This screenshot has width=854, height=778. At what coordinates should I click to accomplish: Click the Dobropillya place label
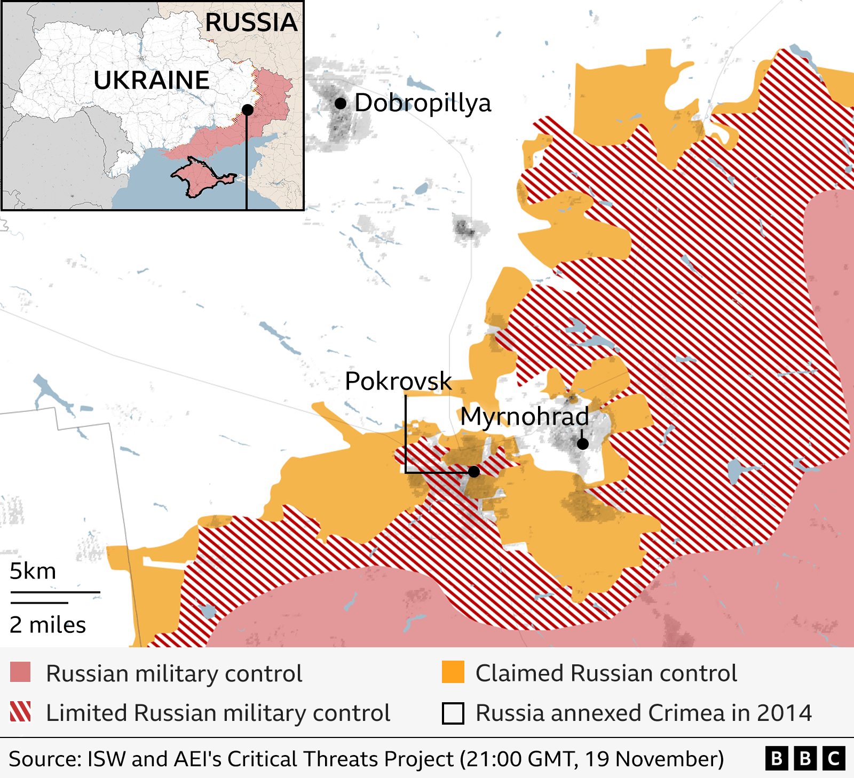click(x=422, y=103)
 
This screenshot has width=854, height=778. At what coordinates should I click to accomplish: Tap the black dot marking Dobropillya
click(x=341, y=104)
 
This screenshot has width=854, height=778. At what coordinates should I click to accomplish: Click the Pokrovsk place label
click(x=398, y=381)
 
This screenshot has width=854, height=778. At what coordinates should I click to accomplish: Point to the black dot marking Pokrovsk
click(x=473, y=472)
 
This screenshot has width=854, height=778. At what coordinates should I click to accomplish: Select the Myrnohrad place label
click(x=525, y=416)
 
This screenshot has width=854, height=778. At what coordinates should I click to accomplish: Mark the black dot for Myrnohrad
click(x=583, y=443)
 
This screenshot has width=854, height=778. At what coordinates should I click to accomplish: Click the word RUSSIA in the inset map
click(x=251, y=22)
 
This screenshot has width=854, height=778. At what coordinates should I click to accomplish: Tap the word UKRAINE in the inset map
click(x=152, y=80)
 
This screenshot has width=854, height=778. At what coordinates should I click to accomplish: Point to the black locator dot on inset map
click(x=247, y=110)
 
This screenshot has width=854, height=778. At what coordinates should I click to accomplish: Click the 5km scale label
click(x=33, y=571)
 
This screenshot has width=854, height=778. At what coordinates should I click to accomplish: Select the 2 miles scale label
click(x=48, y=625)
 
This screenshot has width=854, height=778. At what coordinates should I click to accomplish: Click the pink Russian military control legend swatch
click(x=20, y=672)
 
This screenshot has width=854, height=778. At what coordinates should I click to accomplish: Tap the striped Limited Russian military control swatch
click(x=20, y=712)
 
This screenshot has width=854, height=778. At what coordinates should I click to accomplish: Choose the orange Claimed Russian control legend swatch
click(x=453, y=672)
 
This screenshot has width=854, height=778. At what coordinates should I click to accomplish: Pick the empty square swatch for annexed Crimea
click(x=453, y=713)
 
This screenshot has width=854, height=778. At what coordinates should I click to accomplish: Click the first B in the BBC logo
click(x=777, y=758)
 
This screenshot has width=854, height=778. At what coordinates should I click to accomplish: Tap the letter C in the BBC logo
click(x=834, y=758)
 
